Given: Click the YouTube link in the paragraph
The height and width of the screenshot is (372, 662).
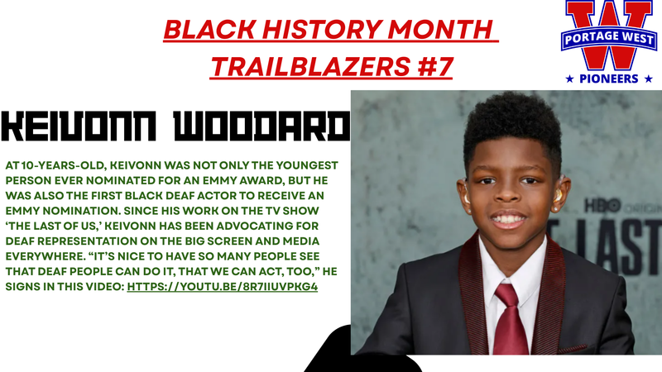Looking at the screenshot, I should [223, 286].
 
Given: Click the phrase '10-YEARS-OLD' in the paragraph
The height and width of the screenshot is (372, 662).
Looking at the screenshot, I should [58, 165].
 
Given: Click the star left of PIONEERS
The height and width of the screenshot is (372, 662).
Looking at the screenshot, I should [568, 79].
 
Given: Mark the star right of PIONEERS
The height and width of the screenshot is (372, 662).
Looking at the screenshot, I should [648, 79].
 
